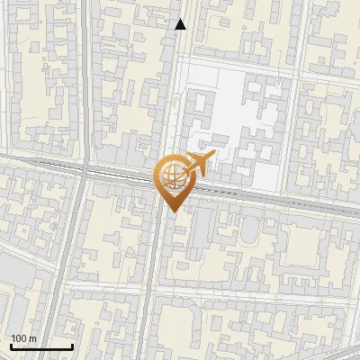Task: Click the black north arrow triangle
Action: point(181,24)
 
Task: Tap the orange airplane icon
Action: point(198,165)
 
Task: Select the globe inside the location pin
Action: point(171,175)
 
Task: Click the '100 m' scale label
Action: point(23,337)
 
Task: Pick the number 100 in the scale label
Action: point(19,337)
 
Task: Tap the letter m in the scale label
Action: point(32,337)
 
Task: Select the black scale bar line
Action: point(41,346)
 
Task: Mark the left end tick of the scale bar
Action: point(11,345)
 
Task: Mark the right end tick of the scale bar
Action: point(72,345)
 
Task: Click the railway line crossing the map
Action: point(270,195)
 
